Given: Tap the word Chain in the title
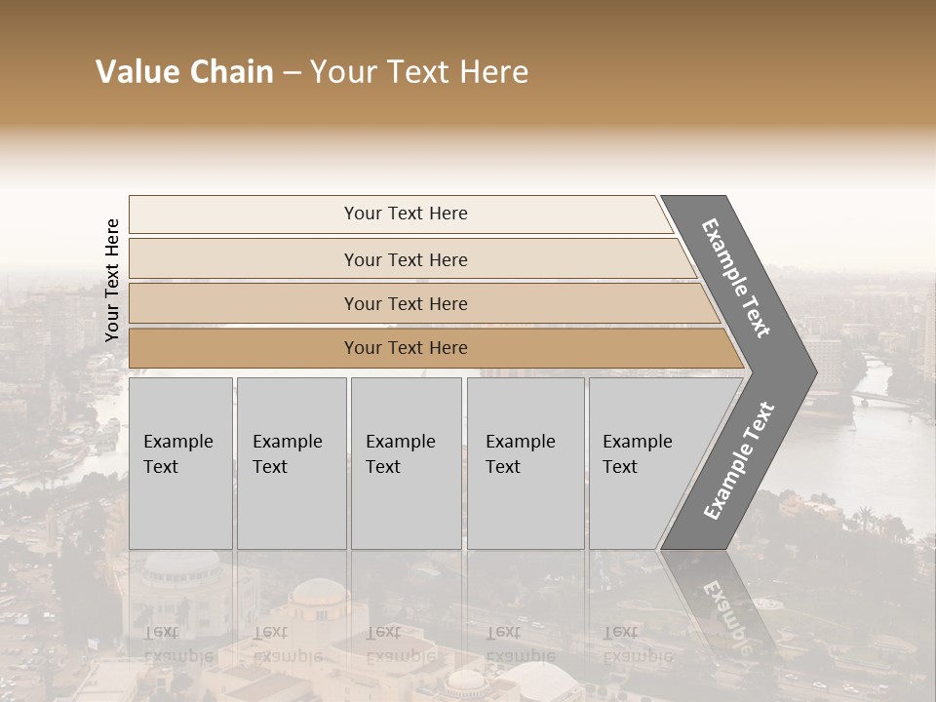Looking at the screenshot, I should click(229, 72).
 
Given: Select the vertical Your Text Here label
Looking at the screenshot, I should click(112, 280).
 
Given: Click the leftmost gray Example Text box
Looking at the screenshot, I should click(180, 463).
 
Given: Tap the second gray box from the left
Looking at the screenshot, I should click(292, 463).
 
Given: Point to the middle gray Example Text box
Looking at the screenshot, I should click(406, 463).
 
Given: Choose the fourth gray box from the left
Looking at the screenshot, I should click(526, 463).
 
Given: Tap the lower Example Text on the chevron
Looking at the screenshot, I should click(739, 460).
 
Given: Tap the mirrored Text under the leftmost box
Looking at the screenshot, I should click(161, 632).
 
